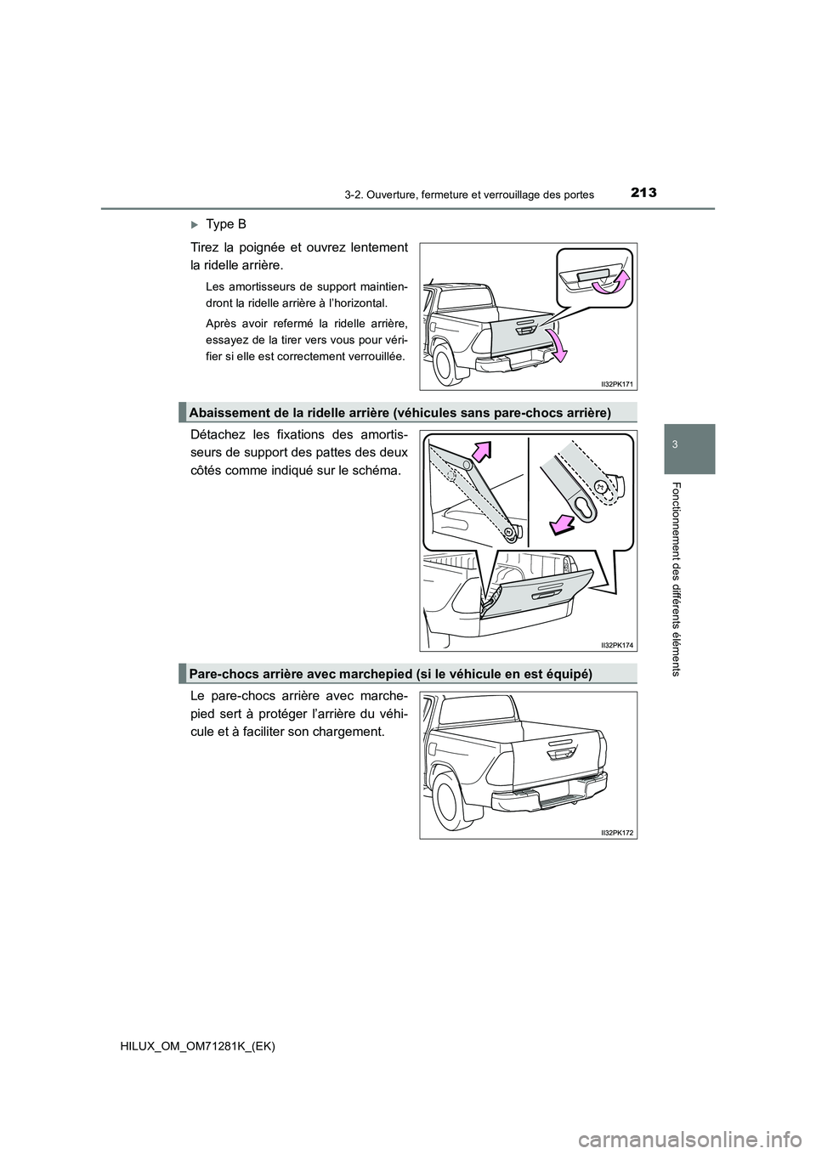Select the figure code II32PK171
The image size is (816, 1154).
coord(616,384)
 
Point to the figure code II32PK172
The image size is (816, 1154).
coord(616,834)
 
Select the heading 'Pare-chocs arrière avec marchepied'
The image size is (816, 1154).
coord(390,673)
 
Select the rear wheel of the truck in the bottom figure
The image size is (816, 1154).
coord(445,803)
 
